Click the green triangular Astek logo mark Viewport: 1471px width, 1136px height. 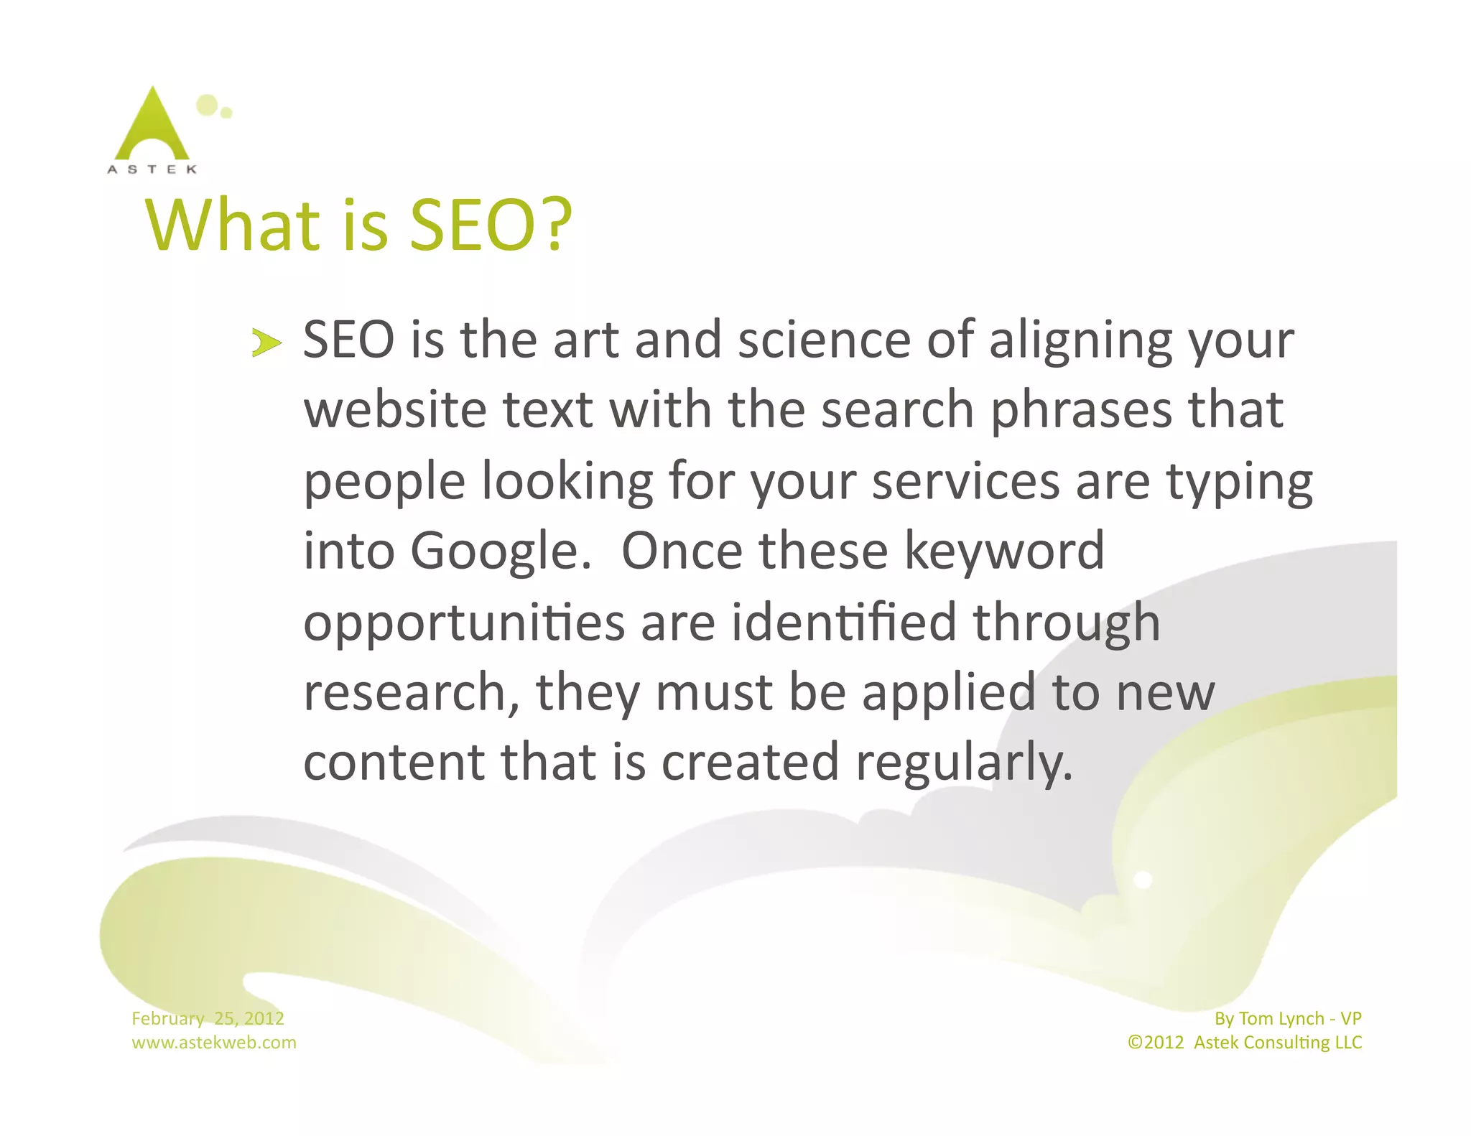click(152, 126)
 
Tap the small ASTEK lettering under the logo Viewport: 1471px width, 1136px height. click(152, 169)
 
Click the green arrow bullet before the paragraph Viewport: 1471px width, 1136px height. click(266, 343)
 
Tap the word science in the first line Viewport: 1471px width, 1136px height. click(824, 340)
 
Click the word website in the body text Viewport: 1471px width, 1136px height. click(394, 410)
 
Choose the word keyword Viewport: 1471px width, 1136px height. click(1004, 551)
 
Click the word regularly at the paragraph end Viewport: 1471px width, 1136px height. click(964, 763)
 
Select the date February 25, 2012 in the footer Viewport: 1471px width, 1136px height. click(208, 1018)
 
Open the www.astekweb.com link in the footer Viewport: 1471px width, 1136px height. click(213, 1042)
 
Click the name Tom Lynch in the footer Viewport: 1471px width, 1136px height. click(1281, 1018)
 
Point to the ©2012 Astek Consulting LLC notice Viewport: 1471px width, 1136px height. click(1244, 1042)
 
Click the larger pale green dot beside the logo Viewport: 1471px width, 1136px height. click(207, 105)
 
